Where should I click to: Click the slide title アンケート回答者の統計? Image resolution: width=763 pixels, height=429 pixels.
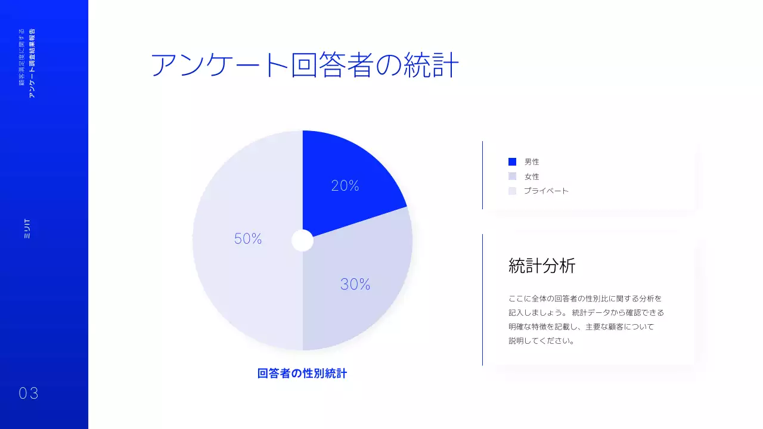(x=305, y=66)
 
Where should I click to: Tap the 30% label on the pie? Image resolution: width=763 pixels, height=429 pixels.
(x=355, y=285)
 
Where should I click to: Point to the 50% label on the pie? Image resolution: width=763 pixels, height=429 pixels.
(x=248, y=239)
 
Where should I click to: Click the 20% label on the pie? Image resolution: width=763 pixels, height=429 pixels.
(x=345, y=186)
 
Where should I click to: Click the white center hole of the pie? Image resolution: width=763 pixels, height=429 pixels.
(x=302, y=241)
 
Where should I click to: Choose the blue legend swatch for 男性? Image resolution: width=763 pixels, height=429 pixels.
(x=512, y=161)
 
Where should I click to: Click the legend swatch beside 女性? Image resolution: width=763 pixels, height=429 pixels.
(x=512, y=176)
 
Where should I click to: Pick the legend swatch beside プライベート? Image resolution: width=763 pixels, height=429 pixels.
(x=512, y=191)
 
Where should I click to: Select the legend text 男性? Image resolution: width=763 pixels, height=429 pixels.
(x=532, y=161)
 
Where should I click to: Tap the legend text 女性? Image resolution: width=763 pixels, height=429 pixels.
(x=532, y=176)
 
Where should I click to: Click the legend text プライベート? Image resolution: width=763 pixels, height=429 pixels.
(x=546, y=191)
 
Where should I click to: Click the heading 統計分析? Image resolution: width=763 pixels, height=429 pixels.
(x=542, y=266)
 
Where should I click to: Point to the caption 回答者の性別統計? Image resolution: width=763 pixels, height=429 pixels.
(x=302, y=374)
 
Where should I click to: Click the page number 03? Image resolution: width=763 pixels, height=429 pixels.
(x=29, y=393)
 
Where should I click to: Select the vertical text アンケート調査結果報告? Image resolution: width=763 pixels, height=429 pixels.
(x=32, y=63)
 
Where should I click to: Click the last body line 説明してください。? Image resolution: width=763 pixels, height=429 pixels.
(x=542, y=341)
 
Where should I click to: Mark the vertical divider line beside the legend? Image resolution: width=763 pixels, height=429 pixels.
(x=482, y=175)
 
